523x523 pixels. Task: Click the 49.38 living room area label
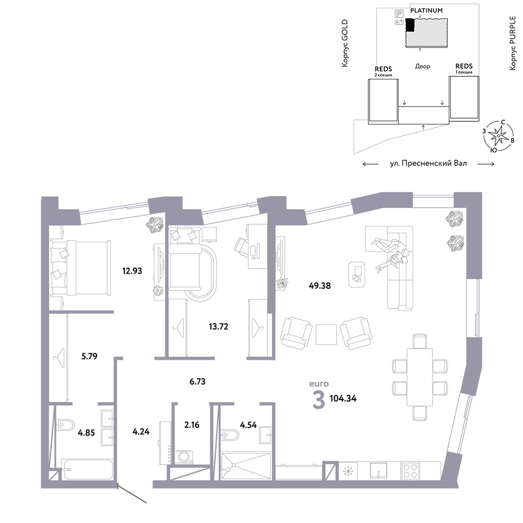click(x=320, y=286)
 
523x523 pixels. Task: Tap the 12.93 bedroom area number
click(x=132, y=271)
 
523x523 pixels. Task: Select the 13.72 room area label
click(x=219, y=326)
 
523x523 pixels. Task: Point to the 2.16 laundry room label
click(x=192, y=425)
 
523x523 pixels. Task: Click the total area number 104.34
click(x=343, y=398)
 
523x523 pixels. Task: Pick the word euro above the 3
click(x=319, y=383)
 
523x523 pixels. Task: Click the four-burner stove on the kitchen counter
click(x=410, y=471)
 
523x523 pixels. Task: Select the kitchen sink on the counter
click(x=379, y=471)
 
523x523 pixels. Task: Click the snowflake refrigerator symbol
click(x=348, y=471)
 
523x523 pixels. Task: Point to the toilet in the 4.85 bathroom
click(x=65, y=425)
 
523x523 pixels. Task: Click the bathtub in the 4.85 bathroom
click(x=87, y=469)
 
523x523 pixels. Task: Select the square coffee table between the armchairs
click(x=326, y=335)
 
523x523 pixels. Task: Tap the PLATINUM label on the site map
click(x=426, y=10)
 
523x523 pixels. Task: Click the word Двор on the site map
click(x=423, y=66)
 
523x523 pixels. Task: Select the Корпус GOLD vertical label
click(x=345, y=43)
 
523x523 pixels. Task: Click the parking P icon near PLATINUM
click(x=399, y=14)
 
